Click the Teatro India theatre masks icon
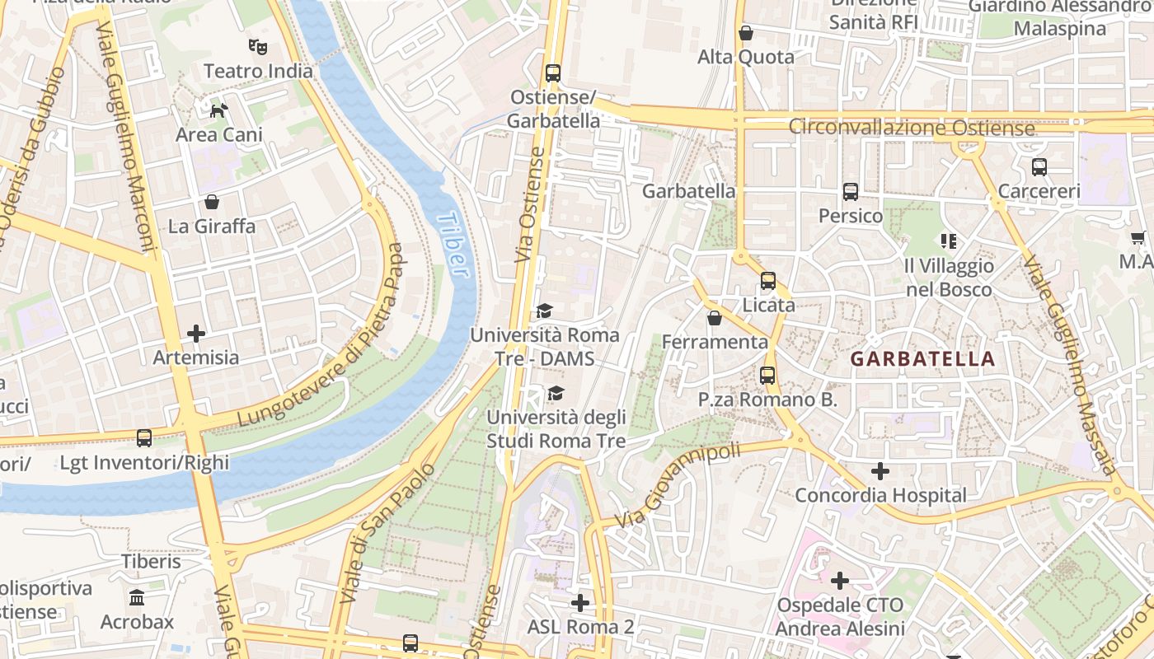(x=258, y=46)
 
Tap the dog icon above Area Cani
(x=218, y=110)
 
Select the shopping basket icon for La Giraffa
(x=212, y=202)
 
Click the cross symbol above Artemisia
(x=196, y=333)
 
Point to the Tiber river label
(x=453, y=245)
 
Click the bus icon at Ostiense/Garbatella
(x=553, y=72)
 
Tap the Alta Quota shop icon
(x=746, y=33)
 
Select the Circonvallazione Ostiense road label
(x=911, y=128)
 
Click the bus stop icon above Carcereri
(x=1039, y=166)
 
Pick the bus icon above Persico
(x=851, y=191)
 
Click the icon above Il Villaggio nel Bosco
(x=948, y=241)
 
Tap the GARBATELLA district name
(x=922, y=359)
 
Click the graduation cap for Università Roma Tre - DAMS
(x=544, y=311)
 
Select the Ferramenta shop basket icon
(x=715, y=317)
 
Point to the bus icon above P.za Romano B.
(x=767, y=375)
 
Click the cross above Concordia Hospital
(x=880, y=471)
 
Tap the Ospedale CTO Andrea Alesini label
(x=840, y=617)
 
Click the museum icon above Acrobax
(x=138, y=596)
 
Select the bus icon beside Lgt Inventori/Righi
(x=144, y=437)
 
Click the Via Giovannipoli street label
(x=678, y=485)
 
